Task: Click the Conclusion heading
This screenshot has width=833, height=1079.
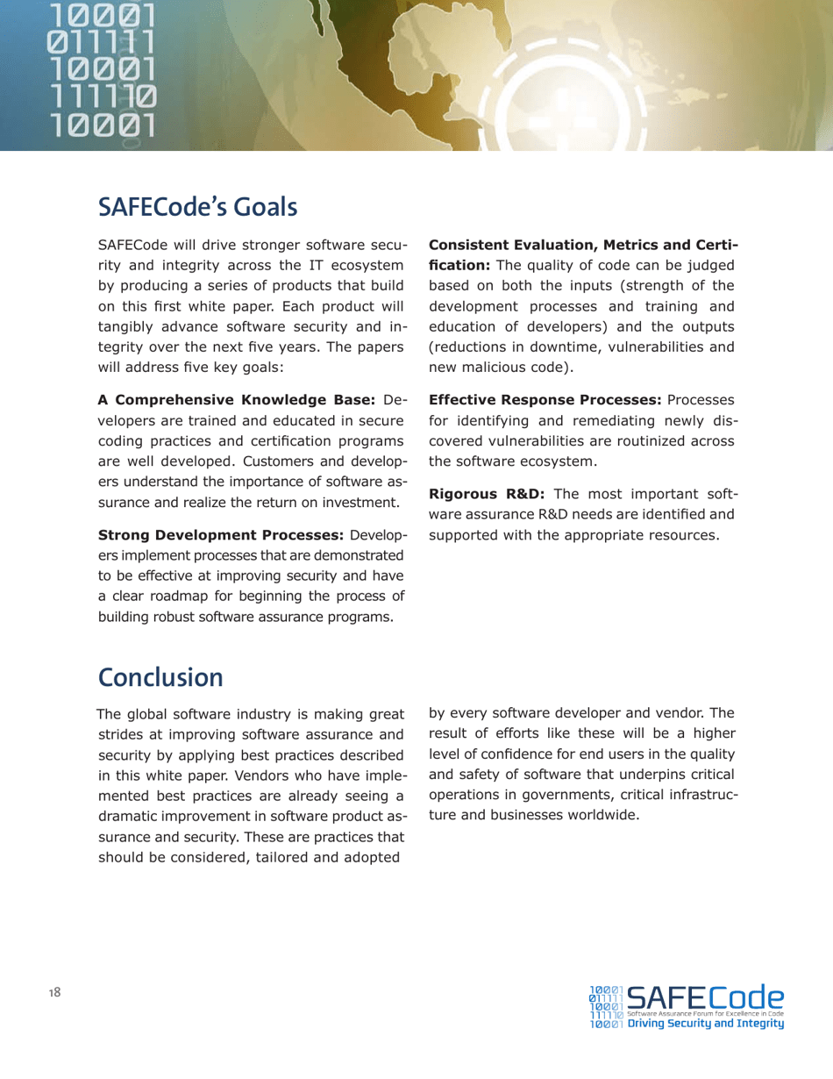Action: pyautogui.click(x=161, y=677)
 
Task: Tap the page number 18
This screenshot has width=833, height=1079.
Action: pyautogui.click(x=54, y=992)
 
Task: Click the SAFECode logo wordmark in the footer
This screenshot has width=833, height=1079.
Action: pyautogui.click(x=706, y=997)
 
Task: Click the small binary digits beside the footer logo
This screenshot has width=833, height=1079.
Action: pyautogui.click(x=607, y=1006)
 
